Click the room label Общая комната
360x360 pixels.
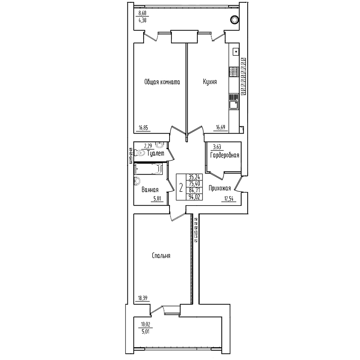(162, 82)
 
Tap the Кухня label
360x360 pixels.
(210, 82)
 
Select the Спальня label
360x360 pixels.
(161, 256)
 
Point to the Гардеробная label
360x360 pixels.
(225, 155)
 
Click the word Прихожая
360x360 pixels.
(220, 189)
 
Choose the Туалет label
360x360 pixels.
(156, 153)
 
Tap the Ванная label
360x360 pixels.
(150, 190)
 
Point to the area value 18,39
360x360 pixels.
(143, 298)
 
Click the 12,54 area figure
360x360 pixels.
(229, 199)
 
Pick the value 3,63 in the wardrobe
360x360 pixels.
(217, 147)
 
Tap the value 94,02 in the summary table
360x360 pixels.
(194, 197)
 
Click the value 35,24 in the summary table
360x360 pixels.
(194, 177)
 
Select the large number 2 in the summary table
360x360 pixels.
(181, 188)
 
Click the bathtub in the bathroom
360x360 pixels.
(148, 169)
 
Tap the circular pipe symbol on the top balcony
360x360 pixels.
(234, 20)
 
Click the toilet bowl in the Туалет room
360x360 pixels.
(140, 153)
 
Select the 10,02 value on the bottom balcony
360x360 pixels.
(145, 324)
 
